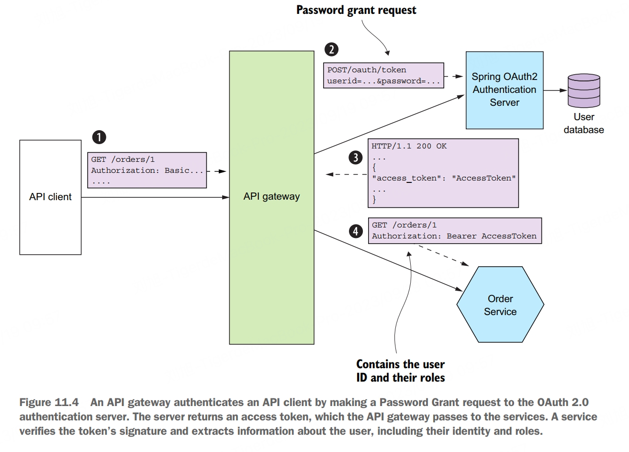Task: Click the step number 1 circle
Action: tap(99, 137)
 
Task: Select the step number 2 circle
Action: tap(331, 49)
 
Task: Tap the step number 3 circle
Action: tap(355, 158)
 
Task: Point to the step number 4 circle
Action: tap(355, 231)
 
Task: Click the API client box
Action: tap(50, 197)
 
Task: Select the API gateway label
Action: tap(271, 196)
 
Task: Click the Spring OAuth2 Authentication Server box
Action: tap(504, 90)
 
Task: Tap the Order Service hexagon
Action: tap(500, 305)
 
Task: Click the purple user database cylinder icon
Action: tap(583, 91)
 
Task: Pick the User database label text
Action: tap(584, 124)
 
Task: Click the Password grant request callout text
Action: tap(356, 10)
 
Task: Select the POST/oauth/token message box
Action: tap(383, 76)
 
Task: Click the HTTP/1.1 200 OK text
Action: tap(409, 146)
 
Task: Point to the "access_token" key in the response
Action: tap(404, 178)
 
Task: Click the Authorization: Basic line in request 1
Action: tap(147, 170)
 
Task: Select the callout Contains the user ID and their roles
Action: tap(400, 371)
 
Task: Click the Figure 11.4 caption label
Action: tap(49, 403)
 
